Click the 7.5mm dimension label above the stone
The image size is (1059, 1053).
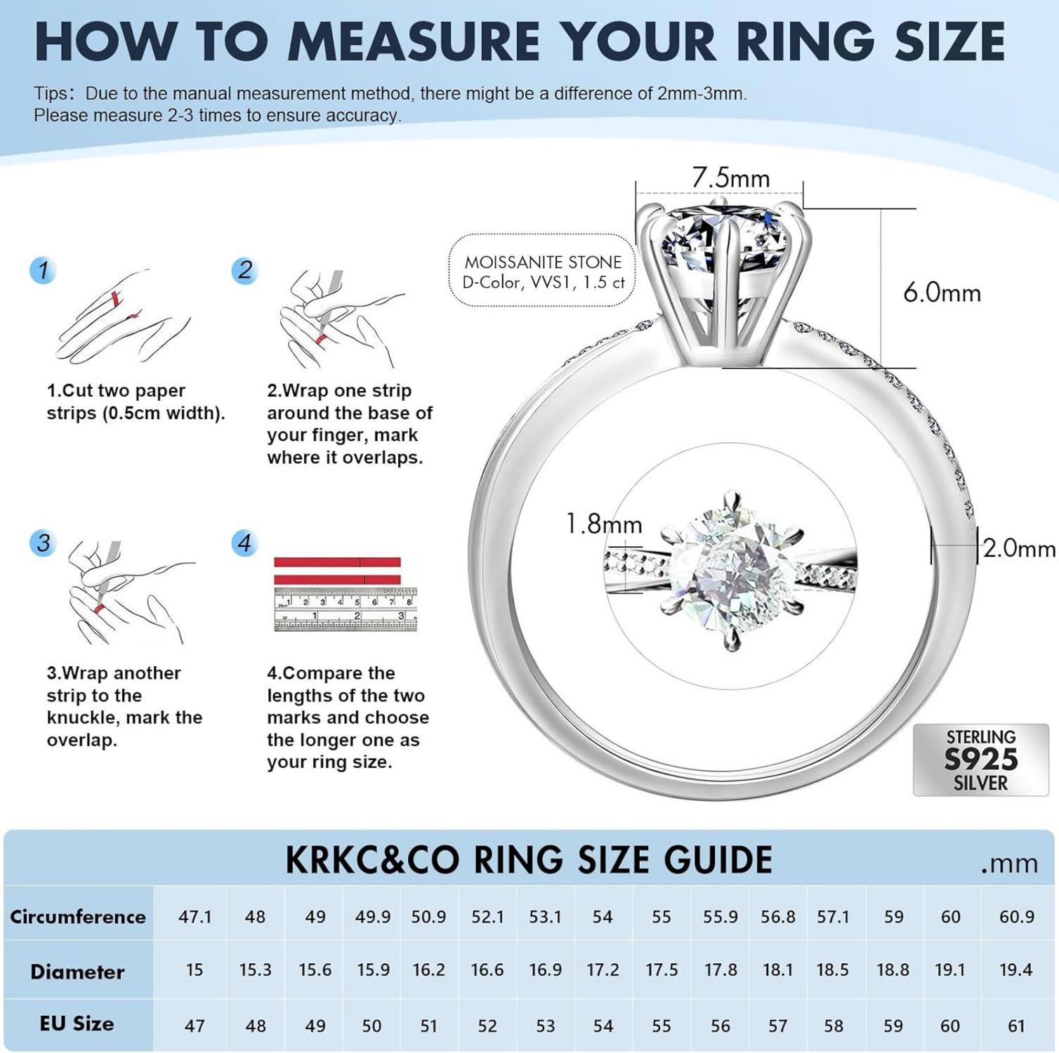pos(731,178)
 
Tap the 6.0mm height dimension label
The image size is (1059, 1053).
pos(942,292)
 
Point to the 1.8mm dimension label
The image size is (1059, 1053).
pos(604,524)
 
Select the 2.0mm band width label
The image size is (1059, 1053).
pos(1019,548)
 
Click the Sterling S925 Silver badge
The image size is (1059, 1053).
pos(980,760)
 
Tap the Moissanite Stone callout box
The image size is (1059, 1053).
pos(542,271)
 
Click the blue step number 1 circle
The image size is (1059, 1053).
pos(43,270)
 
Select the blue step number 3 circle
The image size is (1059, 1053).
pos(43,543)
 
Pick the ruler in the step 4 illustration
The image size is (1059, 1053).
pos(345,609)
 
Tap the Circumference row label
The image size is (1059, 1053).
pos(78,917)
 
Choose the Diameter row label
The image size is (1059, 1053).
pos(77,972)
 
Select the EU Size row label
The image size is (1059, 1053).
pos(77,1024)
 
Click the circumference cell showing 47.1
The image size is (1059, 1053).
pos(195,917)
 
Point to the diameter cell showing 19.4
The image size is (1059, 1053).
pos(1016,969)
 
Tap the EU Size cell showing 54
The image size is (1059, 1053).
pos(603,1026)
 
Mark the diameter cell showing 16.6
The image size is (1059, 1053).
pos(487,969)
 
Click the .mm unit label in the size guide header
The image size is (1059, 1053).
pos(1010,863)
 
